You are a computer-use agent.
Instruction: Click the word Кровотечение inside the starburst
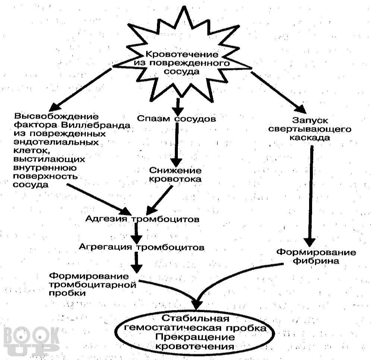pos(182,54)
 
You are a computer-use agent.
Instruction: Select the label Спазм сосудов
pos(176,118)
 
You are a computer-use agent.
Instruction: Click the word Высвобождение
pos(56,116)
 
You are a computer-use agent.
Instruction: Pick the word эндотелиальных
pos(56,142)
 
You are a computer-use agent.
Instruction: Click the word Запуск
pos(310,120)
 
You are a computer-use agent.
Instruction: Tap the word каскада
pos(310,138)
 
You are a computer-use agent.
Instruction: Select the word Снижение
pos(175,170)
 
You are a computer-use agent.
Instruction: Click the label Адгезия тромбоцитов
pos(142,219)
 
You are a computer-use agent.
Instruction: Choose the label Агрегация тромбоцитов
pos(141,247)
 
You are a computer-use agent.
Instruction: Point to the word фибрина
pos(316,261)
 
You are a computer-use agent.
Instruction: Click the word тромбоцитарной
pos(92,285)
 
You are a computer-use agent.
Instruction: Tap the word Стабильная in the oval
pos(195,319)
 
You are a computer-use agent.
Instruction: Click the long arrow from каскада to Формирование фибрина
pos(311,196)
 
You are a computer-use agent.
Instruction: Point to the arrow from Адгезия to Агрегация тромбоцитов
pos(136,233)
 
